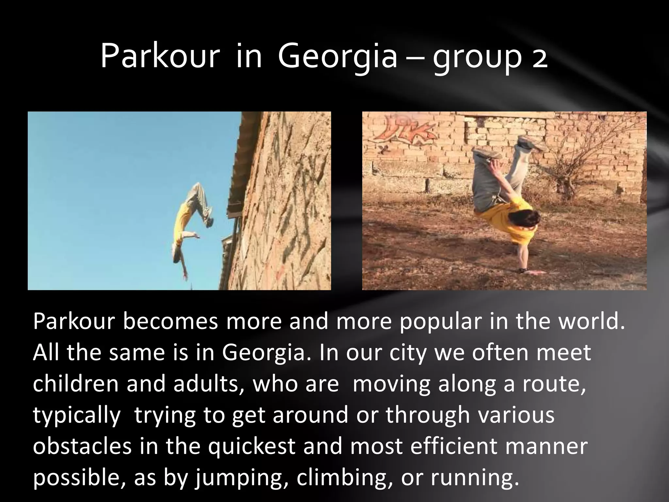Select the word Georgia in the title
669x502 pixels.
coord(338,58)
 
